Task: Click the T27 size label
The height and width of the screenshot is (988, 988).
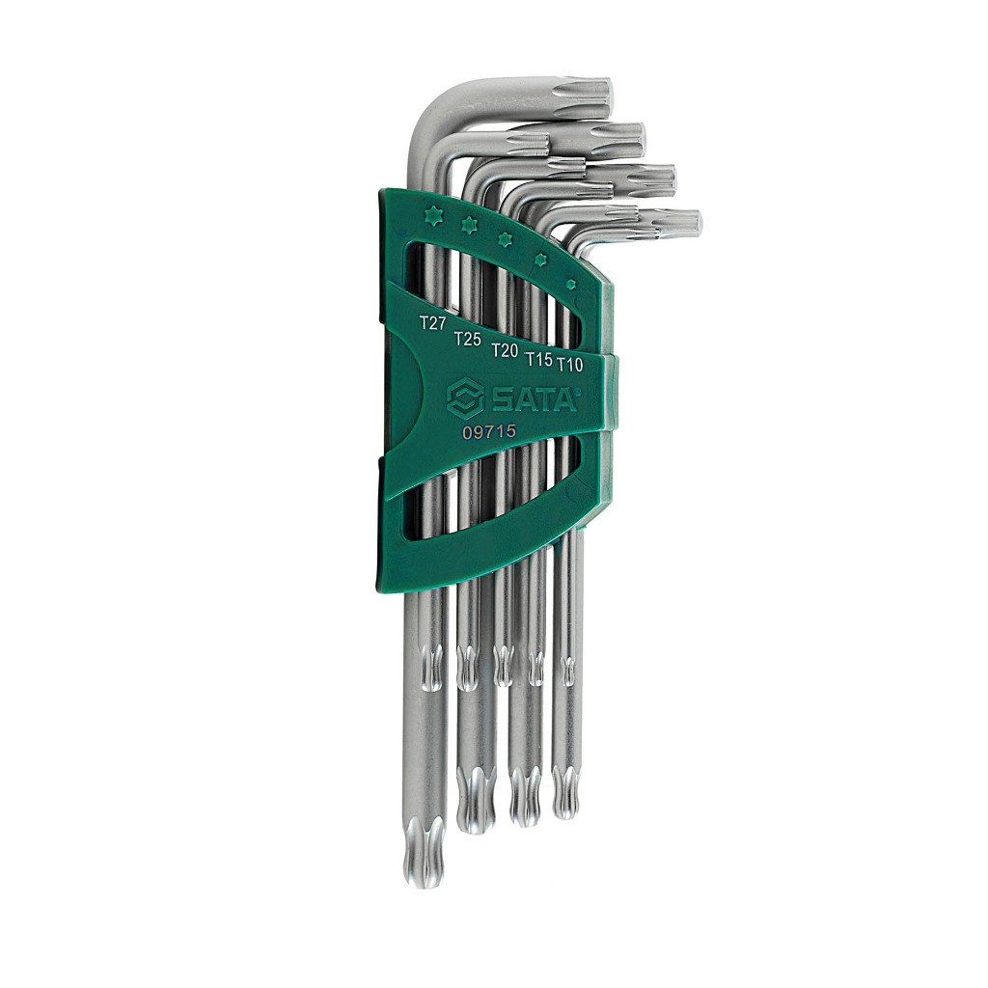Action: coord(433,323)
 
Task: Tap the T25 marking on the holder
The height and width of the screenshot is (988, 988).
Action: coord(468,339)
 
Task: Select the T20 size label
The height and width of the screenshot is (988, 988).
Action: coord(505,350)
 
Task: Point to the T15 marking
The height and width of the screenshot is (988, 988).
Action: coord(539,359)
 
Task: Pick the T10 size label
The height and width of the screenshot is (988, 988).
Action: coord(569,364)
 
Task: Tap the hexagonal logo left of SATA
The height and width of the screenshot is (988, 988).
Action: coord(465,398)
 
